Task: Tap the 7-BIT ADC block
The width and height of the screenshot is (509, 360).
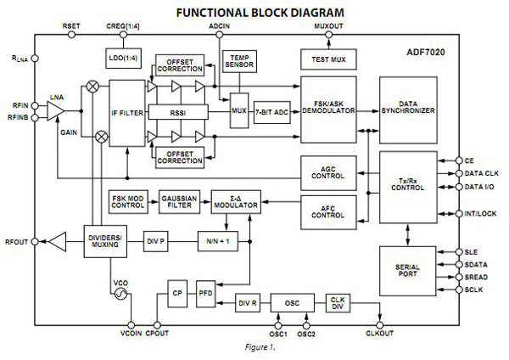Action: tap(270, 112)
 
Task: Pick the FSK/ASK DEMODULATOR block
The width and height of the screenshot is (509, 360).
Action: tap(328, 106)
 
